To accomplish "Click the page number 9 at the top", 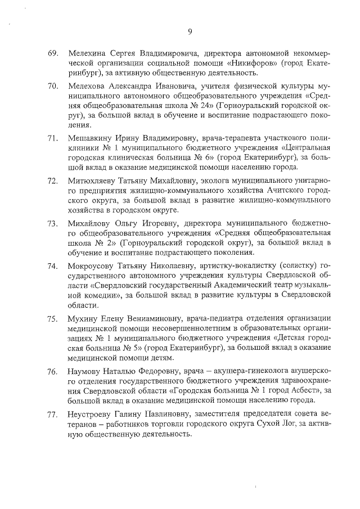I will (x=190, y=31).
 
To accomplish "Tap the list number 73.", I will (x=53, y=224).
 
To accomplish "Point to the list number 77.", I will (x=53, y=415).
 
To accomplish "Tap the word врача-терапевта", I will (x=226, y=138).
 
